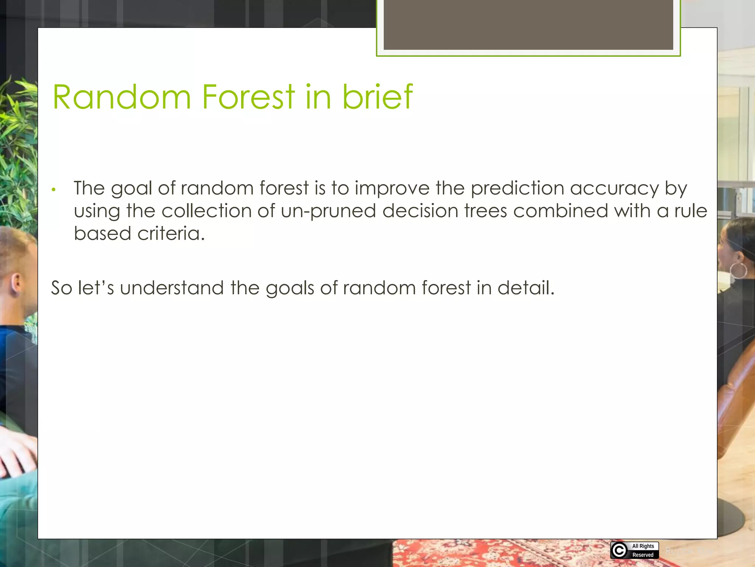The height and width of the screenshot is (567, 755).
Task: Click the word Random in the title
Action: point(122,97)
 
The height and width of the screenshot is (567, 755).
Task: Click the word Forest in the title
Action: point(248,97)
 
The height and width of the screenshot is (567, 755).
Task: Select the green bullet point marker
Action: point(53,190)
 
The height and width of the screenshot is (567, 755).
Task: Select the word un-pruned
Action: point(328,211)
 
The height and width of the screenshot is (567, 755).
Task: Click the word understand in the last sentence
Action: point(172,288)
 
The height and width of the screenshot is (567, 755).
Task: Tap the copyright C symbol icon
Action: point(619,550)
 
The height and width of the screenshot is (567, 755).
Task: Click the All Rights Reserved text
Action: point(643,550)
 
